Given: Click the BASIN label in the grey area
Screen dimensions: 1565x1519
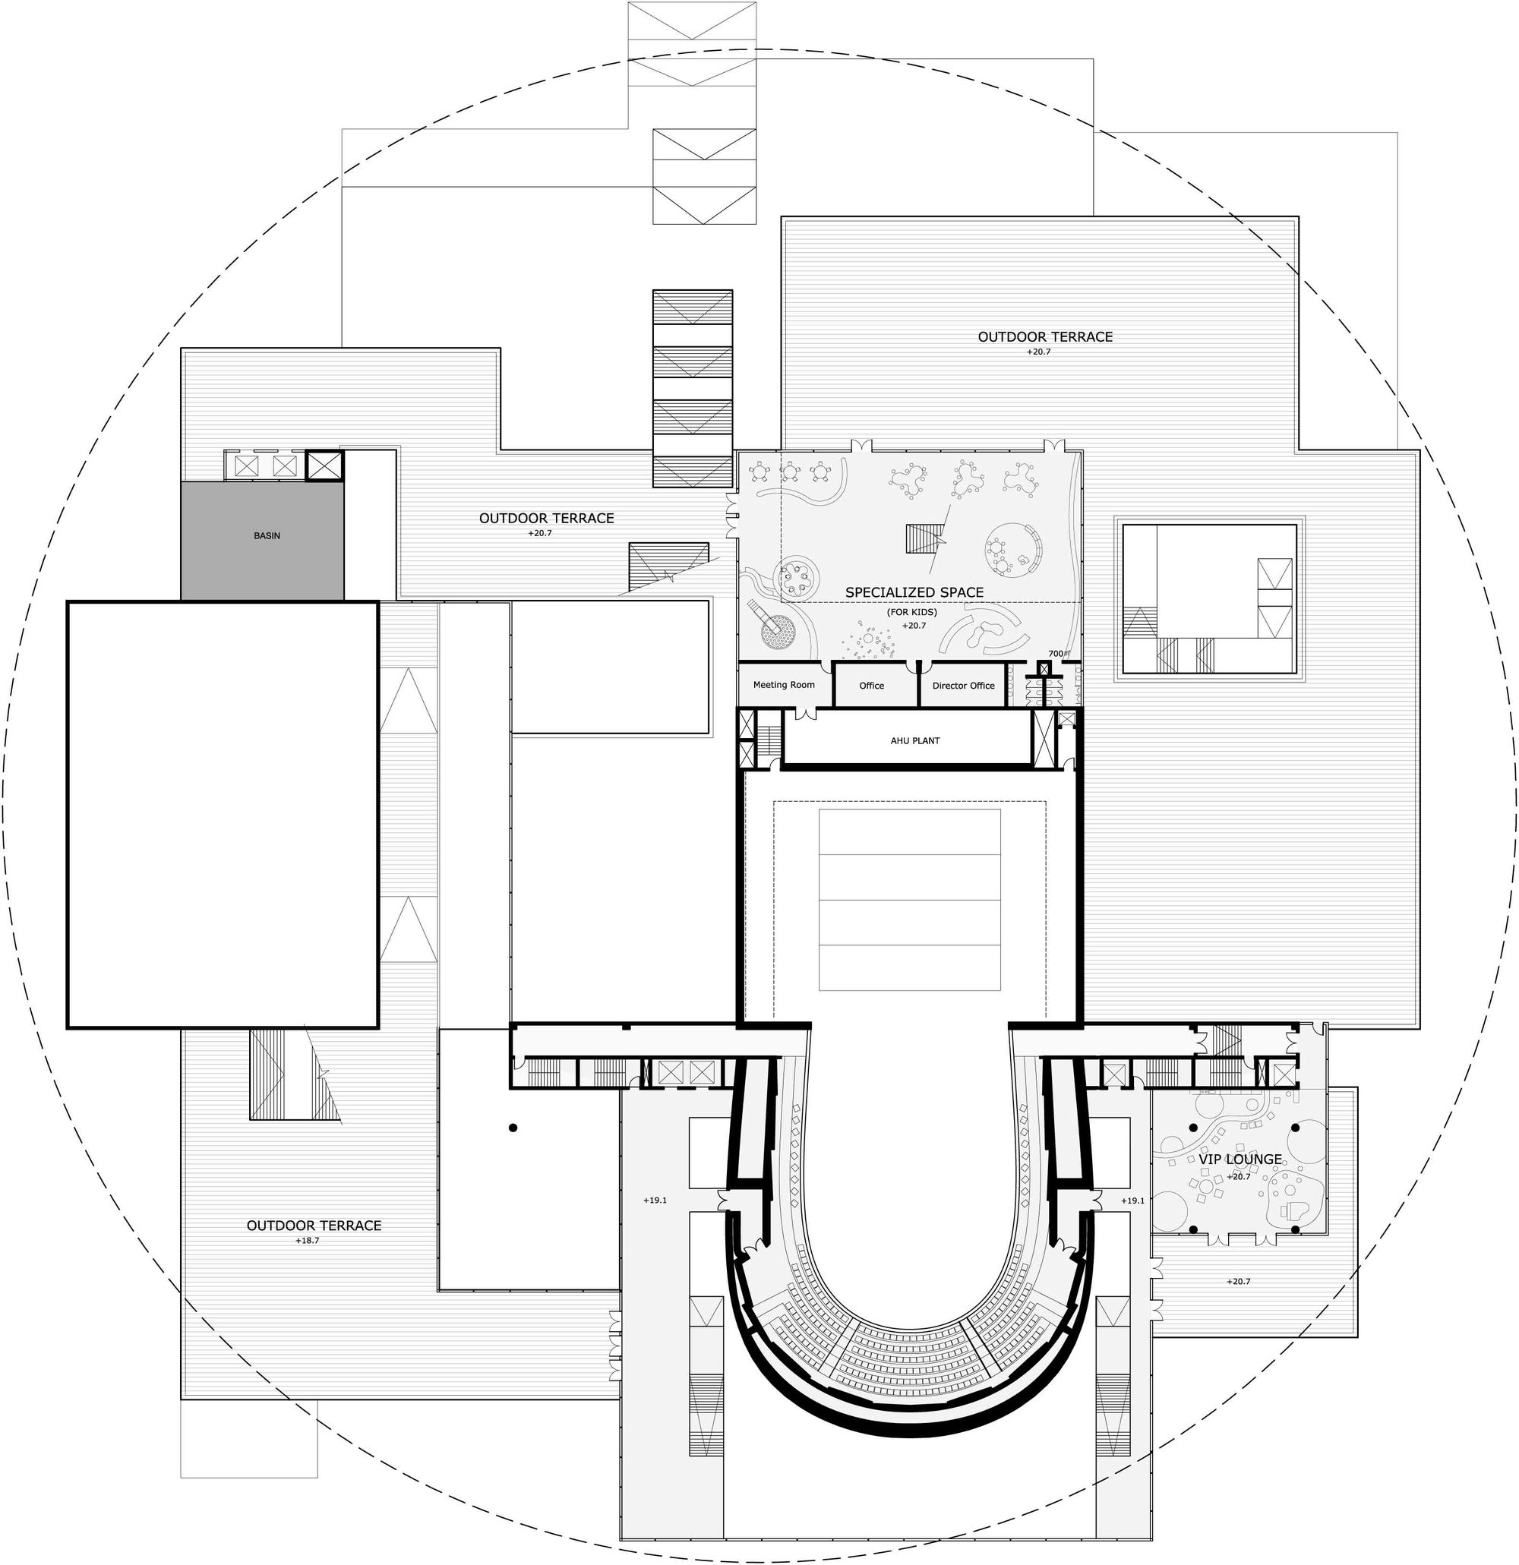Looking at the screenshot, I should click(267, 536).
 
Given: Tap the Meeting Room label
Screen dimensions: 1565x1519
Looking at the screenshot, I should click(784, 684).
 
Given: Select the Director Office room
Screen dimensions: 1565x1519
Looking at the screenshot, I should click(963, 685).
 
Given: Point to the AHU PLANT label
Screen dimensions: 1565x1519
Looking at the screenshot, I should click(915, 740).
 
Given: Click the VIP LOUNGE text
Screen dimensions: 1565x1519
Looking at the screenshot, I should click(1240, 1159).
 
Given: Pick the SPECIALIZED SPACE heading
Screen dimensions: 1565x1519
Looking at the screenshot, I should click(914, 592).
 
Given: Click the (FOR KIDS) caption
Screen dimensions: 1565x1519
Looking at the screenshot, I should click(911, 611).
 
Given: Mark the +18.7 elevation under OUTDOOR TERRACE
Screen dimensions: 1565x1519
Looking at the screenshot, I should click(307, 1240).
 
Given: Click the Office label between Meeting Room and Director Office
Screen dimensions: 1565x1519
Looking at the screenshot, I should click(871, 685).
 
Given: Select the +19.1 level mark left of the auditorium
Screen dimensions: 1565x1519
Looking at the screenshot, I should click(654, 1200).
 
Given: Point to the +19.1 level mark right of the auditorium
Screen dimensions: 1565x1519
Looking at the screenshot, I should click(1132, 1200).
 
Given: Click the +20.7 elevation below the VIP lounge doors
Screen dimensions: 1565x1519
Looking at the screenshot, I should click(1238, 1282).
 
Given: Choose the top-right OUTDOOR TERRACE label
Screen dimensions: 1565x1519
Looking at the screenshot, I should click(1044, 337).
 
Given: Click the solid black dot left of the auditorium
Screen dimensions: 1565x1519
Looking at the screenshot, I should click(513, 1128).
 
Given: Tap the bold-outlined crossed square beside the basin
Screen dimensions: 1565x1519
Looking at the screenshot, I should click(324, 465).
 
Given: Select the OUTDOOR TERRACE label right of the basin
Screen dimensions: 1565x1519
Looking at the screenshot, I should click(546, 518).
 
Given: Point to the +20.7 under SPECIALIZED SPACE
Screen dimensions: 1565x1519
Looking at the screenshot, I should click(914, 625).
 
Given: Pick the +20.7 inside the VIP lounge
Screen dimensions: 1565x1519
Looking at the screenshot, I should click(1238, 1176).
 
